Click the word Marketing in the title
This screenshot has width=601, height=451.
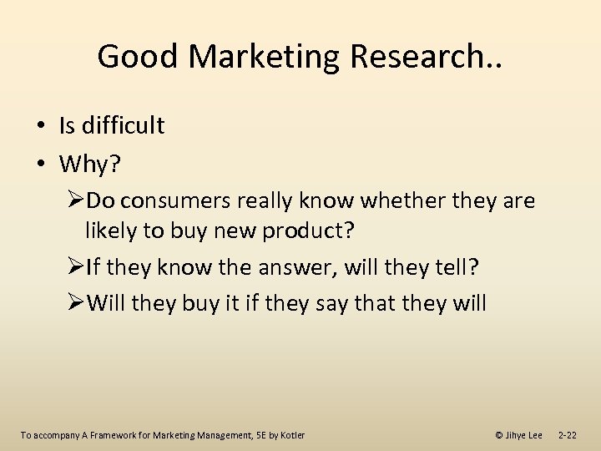point(263,56)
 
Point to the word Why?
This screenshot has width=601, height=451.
point(90,164)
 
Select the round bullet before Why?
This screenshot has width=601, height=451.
point(40,165)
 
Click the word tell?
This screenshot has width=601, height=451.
point(456,268)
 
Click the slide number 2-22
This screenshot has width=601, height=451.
point(567,435)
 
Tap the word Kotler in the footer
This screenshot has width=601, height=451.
point(291,435)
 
